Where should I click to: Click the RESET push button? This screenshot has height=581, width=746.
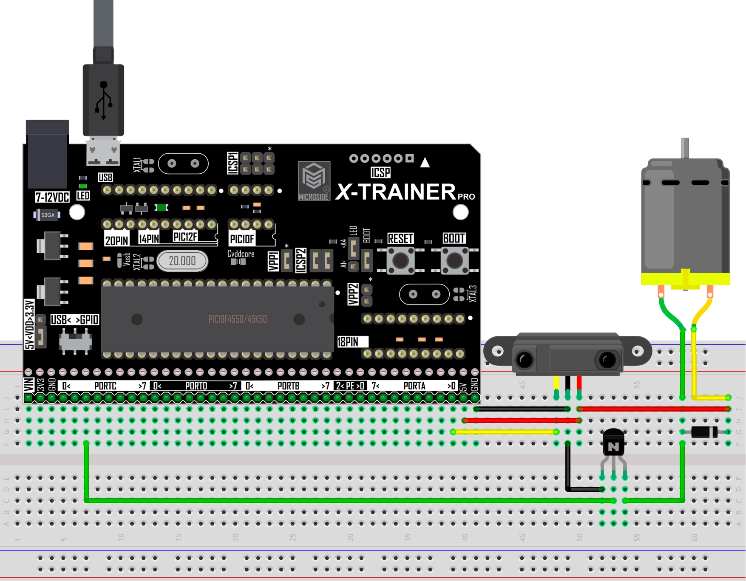(400, 260)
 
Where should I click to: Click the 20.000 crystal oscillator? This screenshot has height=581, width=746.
(182, 261)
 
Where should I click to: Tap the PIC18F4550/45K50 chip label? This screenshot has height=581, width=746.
(237, 319)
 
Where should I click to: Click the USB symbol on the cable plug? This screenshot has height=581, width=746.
(103, 100)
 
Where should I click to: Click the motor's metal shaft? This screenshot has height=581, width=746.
(685, 148)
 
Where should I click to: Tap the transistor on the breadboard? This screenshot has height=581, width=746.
(613, 444)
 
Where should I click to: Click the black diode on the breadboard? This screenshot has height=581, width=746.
(704, 432)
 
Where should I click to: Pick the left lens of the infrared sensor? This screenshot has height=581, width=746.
(525, 360)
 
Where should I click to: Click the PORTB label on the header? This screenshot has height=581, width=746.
(288, 386)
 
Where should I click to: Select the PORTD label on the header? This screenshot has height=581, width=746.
(196, 386)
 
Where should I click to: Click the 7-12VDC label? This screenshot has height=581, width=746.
(52, 197)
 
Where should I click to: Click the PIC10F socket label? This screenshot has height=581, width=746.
(242, 239)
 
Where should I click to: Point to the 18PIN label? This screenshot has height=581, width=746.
(348, 342)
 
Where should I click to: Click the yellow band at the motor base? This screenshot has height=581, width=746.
(685, 279)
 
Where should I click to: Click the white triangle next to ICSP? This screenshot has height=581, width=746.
(425, 162)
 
